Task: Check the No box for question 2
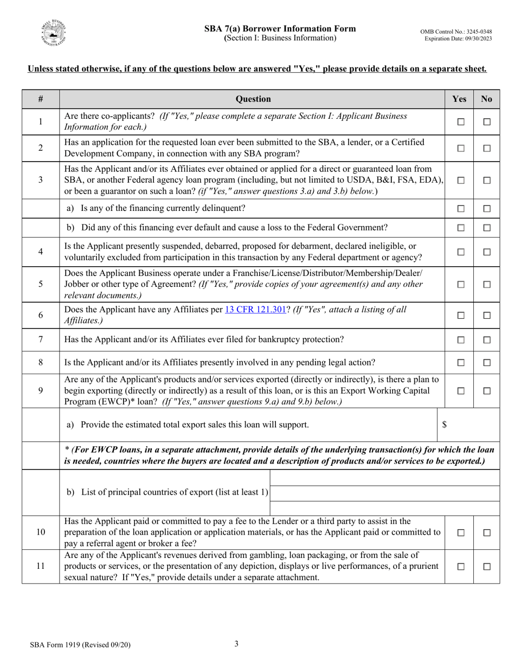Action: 487,148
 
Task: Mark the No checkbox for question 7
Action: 487,340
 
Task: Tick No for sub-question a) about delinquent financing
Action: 487,208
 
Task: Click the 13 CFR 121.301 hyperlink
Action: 255,310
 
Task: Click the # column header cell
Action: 41,99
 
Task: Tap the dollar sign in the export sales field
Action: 445,425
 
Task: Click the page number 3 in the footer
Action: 236,644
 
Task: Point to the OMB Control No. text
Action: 456,32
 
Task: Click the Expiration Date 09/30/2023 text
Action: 458,39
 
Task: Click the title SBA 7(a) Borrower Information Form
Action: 280,29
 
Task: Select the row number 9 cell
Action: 41,390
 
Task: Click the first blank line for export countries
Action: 384,478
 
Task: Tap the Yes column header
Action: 459,99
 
